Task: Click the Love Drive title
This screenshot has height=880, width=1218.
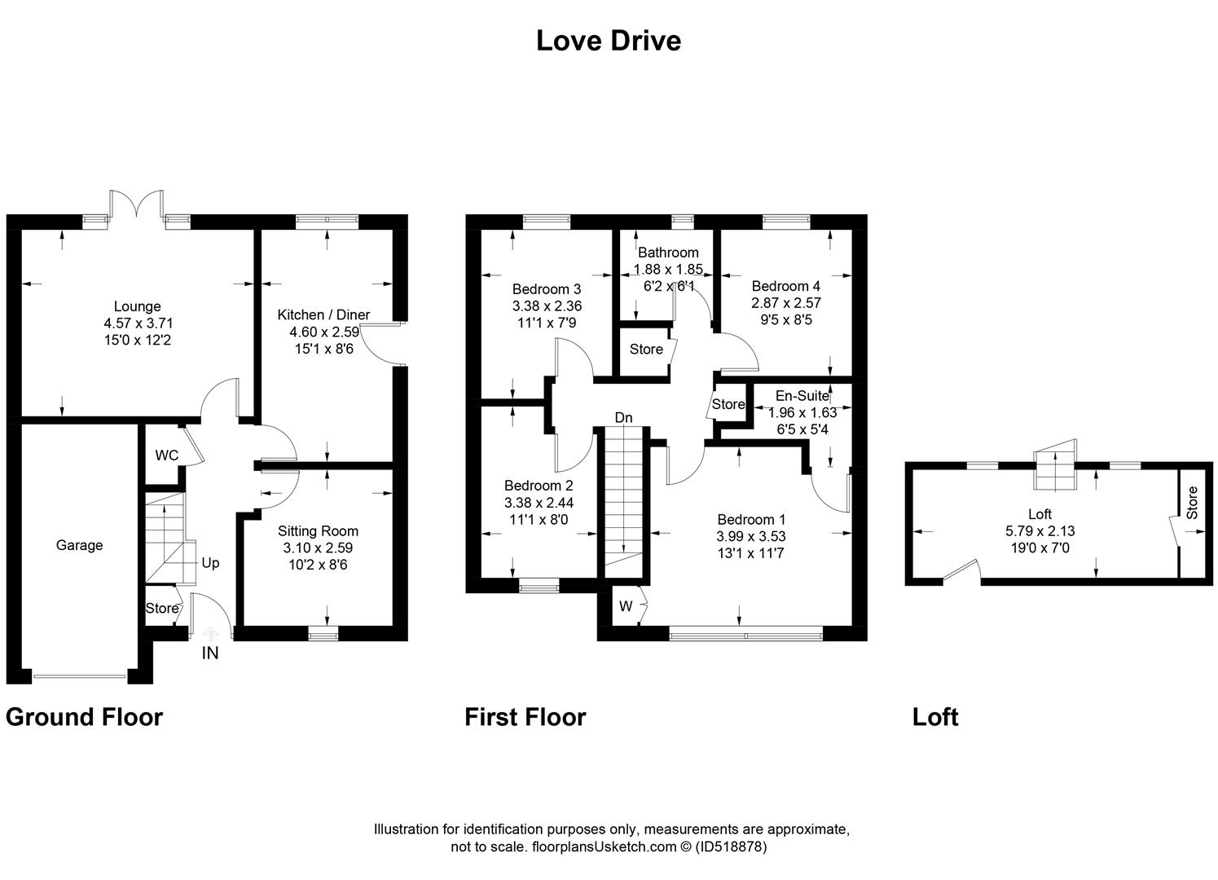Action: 609,41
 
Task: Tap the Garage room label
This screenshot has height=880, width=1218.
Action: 79,545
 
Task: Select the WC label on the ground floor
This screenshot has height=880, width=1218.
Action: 166,455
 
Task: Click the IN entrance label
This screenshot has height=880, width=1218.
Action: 210,653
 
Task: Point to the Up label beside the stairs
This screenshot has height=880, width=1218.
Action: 210,563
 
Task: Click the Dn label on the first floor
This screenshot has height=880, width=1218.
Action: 624,418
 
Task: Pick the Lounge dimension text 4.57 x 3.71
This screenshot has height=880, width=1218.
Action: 139,323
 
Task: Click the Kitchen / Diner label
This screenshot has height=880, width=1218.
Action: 323,315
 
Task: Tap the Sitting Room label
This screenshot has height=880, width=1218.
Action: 318,531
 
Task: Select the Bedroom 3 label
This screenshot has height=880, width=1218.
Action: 547,288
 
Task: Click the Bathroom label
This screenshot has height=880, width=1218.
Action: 668,253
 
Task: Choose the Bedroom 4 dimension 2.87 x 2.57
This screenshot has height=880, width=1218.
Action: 786,303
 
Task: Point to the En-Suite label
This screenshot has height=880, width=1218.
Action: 802,395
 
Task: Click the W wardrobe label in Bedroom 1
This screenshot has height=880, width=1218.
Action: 626,606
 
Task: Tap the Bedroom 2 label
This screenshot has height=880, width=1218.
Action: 539,486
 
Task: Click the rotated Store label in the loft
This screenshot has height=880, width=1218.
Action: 1192,503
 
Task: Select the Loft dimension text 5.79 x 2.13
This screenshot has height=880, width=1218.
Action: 1040,530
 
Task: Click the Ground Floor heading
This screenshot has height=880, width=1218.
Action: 84,717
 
